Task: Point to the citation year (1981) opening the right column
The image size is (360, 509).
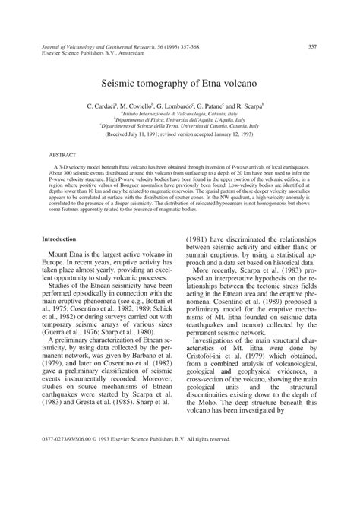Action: coord(204,239)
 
